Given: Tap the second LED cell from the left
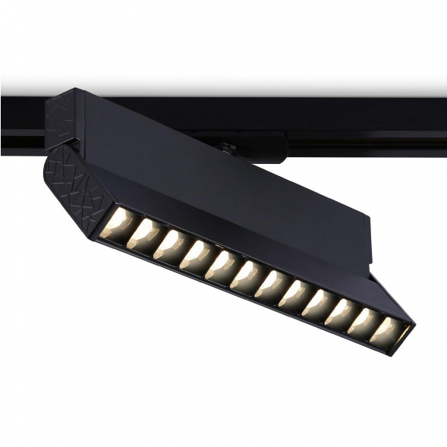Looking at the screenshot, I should click(143, 235).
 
